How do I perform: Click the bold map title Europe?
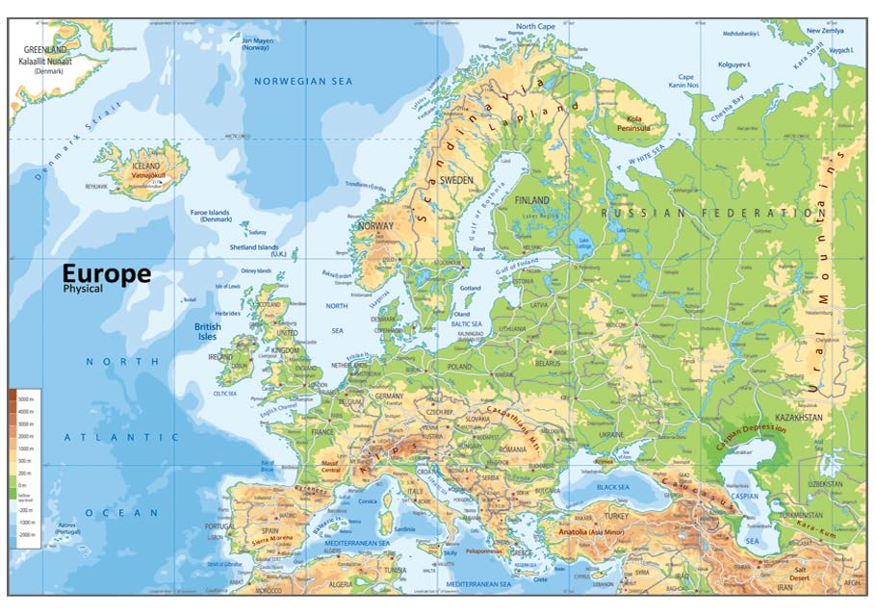107,273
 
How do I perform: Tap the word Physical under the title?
84,288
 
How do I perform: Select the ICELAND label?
145,166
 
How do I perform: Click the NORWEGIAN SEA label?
302,82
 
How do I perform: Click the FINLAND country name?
532,200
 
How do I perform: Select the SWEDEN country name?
455,180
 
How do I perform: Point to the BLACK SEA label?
612,487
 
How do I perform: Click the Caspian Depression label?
750,430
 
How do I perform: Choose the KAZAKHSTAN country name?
801,418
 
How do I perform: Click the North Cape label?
535,27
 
